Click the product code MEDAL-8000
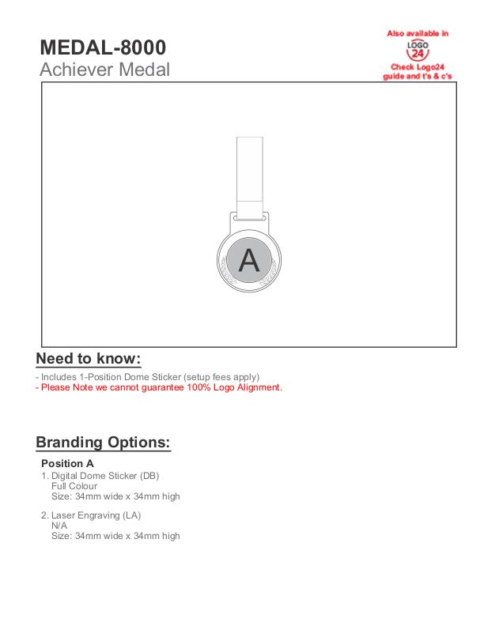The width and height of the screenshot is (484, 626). (x=103, y=47)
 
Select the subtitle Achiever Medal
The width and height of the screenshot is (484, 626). (x=104, y=70)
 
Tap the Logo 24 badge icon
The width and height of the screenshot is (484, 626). (x=418, y=51)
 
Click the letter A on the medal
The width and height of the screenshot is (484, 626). (x=249, y=259)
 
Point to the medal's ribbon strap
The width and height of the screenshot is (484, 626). (x=249, y=170)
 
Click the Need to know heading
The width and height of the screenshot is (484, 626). (x=89, y=358)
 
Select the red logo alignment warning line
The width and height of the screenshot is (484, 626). (x=159, y=387)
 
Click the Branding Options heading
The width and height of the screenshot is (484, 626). (x=103, y=442)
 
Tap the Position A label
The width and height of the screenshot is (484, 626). (x=67, y=463)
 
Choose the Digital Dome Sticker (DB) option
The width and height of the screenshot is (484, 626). (x=105, y=476)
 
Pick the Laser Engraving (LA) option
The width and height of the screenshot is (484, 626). (x=96, y=515)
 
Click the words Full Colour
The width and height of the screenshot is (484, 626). (x=74, y=486)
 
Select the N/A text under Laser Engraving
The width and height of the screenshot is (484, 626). (x=59, y=526)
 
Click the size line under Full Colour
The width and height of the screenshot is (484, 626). (x=115, y=496)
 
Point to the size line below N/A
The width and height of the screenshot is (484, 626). (x=115, y=536)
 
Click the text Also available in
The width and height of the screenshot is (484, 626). (x=418, y=33)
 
